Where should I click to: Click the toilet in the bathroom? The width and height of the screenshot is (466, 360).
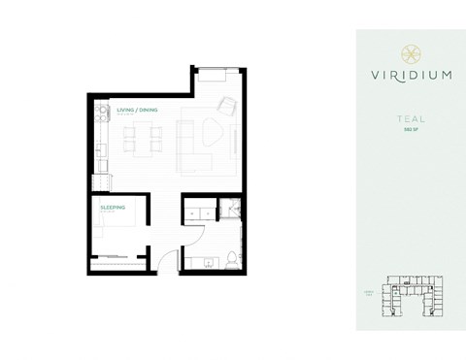click(232, 258)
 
